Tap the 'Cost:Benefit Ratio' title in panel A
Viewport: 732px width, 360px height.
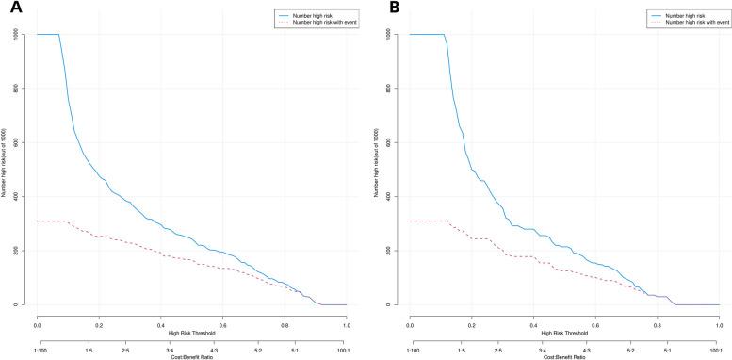coord(192,356)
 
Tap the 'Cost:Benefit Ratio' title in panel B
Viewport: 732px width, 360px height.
coord(564,356)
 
